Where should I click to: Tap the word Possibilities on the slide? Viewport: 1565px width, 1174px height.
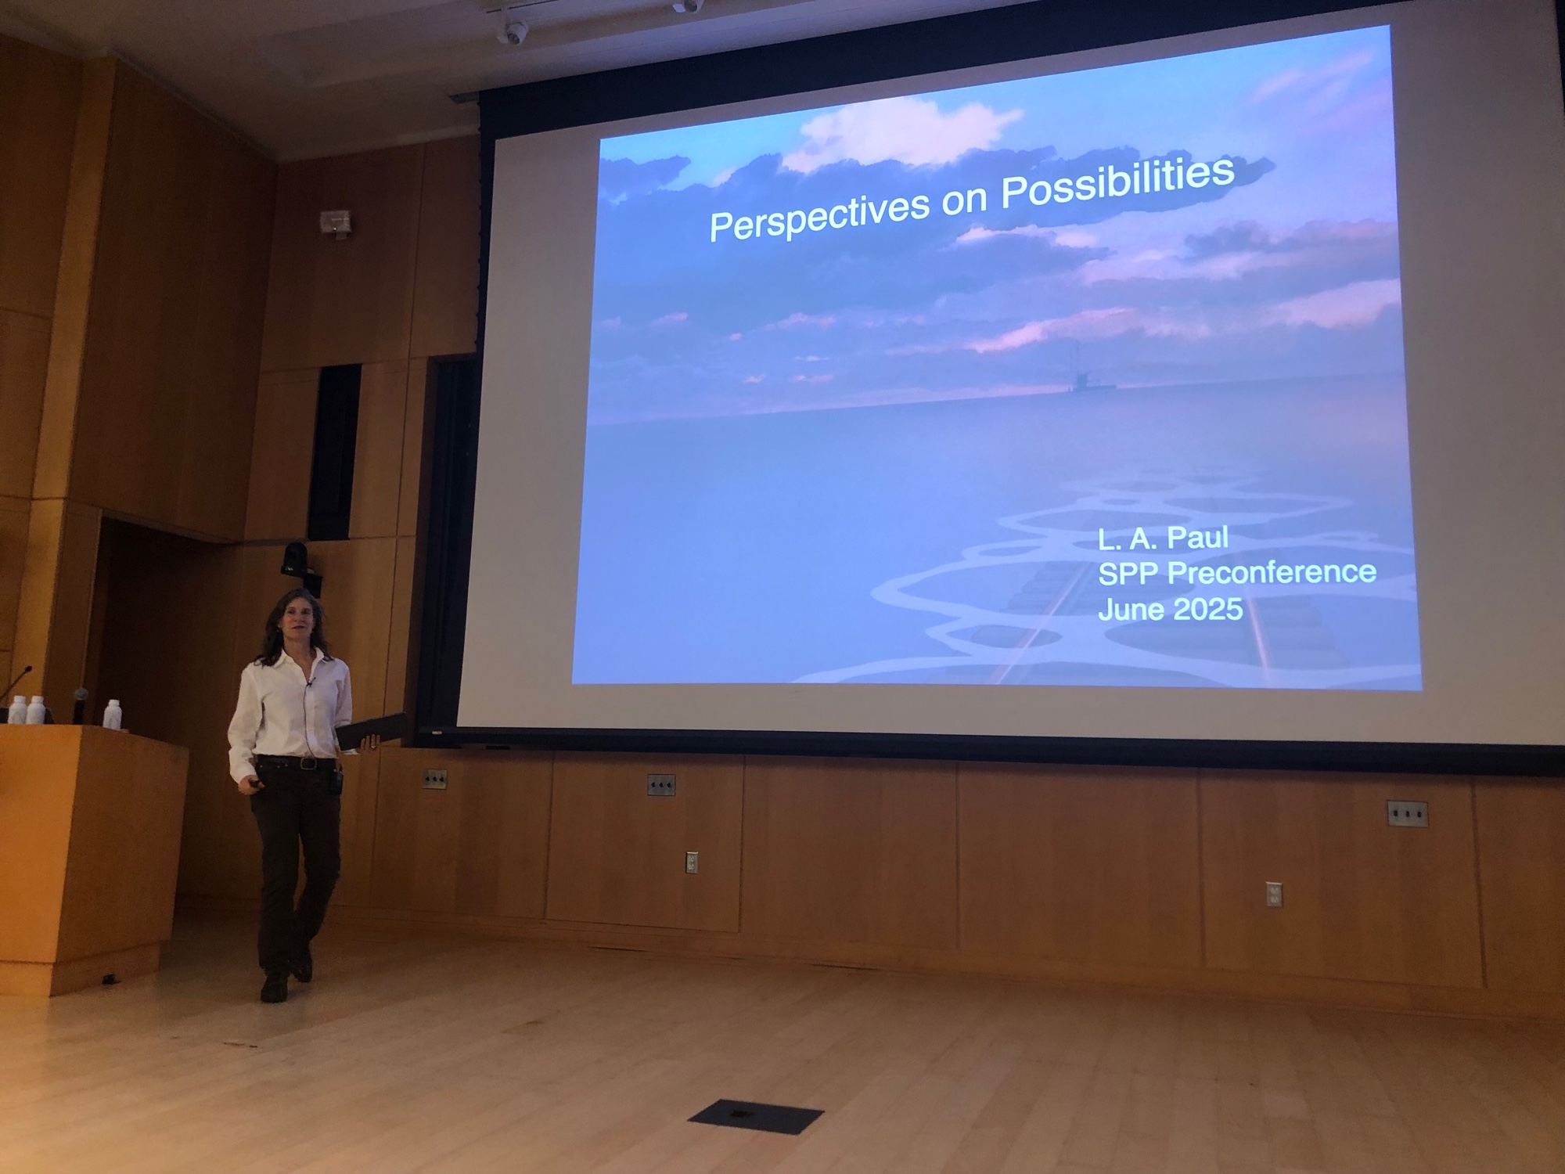1118,185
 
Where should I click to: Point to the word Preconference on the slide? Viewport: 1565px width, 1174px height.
1272,573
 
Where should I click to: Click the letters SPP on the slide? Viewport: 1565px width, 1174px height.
1129,574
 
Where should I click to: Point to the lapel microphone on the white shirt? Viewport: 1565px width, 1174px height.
311,685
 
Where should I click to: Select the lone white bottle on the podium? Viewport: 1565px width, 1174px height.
112,713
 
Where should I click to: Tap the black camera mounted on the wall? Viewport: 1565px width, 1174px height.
297,559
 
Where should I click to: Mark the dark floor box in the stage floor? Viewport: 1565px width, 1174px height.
755,1115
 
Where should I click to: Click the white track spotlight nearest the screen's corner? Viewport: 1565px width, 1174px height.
513,31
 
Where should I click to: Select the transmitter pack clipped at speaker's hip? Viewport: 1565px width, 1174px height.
336,780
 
